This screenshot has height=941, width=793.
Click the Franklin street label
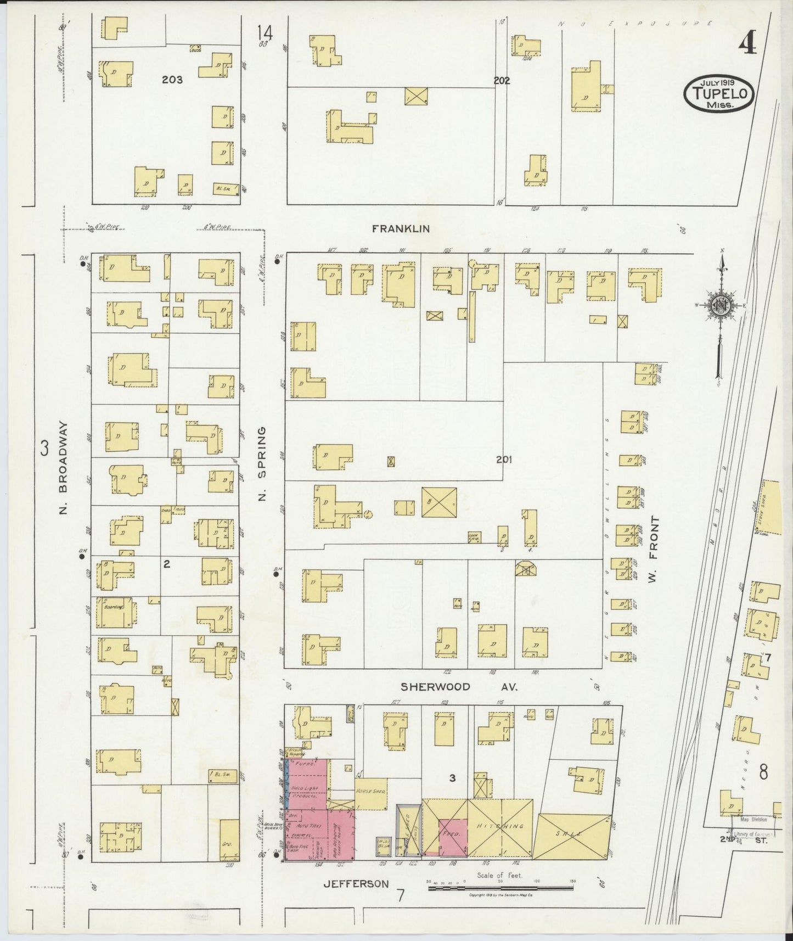pos(400,229)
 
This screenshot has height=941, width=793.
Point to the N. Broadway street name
pos(63,468)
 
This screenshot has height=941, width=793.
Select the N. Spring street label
pos(262,464)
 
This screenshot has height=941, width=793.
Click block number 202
pos(501,80)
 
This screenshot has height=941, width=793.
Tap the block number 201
pos(504,460)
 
